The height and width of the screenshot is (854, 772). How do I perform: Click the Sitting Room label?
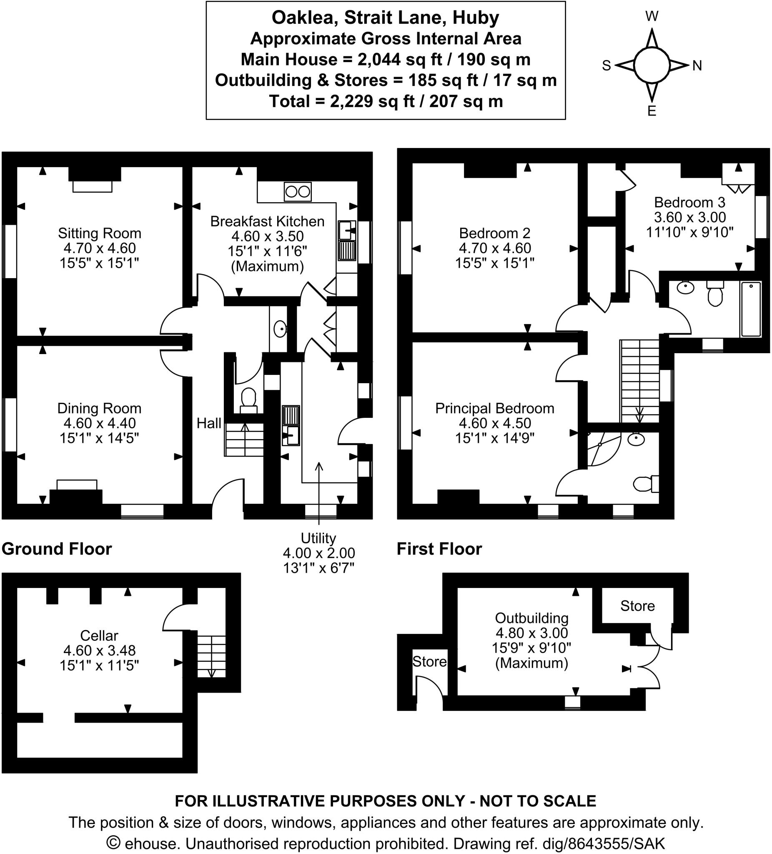point(100,234)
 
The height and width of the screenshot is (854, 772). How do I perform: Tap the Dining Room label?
point(99,408)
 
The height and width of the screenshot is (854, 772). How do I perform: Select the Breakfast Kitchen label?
point(267,221)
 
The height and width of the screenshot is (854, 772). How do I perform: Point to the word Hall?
point(209,423)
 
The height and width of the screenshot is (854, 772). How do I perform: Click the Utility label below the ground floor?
point(318,538)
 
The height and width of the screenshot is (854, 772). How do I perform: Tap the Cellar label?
point(99,635)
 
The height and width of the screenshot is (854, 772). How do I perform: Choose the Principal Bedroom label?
point(495,408)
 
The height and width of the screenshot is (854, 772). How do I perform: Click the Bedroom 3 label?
point(689,203)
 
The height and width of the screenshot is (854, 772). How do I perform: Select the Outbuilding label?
point(531,618)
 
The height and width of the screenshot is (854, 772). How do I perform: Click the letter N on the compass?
point(697,65)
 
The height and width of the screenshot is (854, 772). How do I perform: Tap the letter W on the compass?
point(652,17)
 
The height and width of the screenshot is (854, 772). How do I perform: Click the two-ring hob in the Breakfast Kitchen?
point(298,192)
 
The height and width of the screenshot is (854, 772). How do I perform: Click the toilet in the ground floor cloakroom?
point(248,400)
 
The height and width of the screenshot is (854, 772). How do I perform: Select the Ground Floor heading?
point(57,549)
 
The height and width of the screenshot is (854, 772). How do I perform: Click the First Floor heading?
point(439,549)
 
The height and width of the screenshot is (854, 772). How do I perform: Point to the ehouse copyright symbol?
point(113,843)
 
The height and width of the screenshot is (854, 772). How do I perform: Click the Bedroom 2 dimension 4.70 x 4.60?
point(495,248)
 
